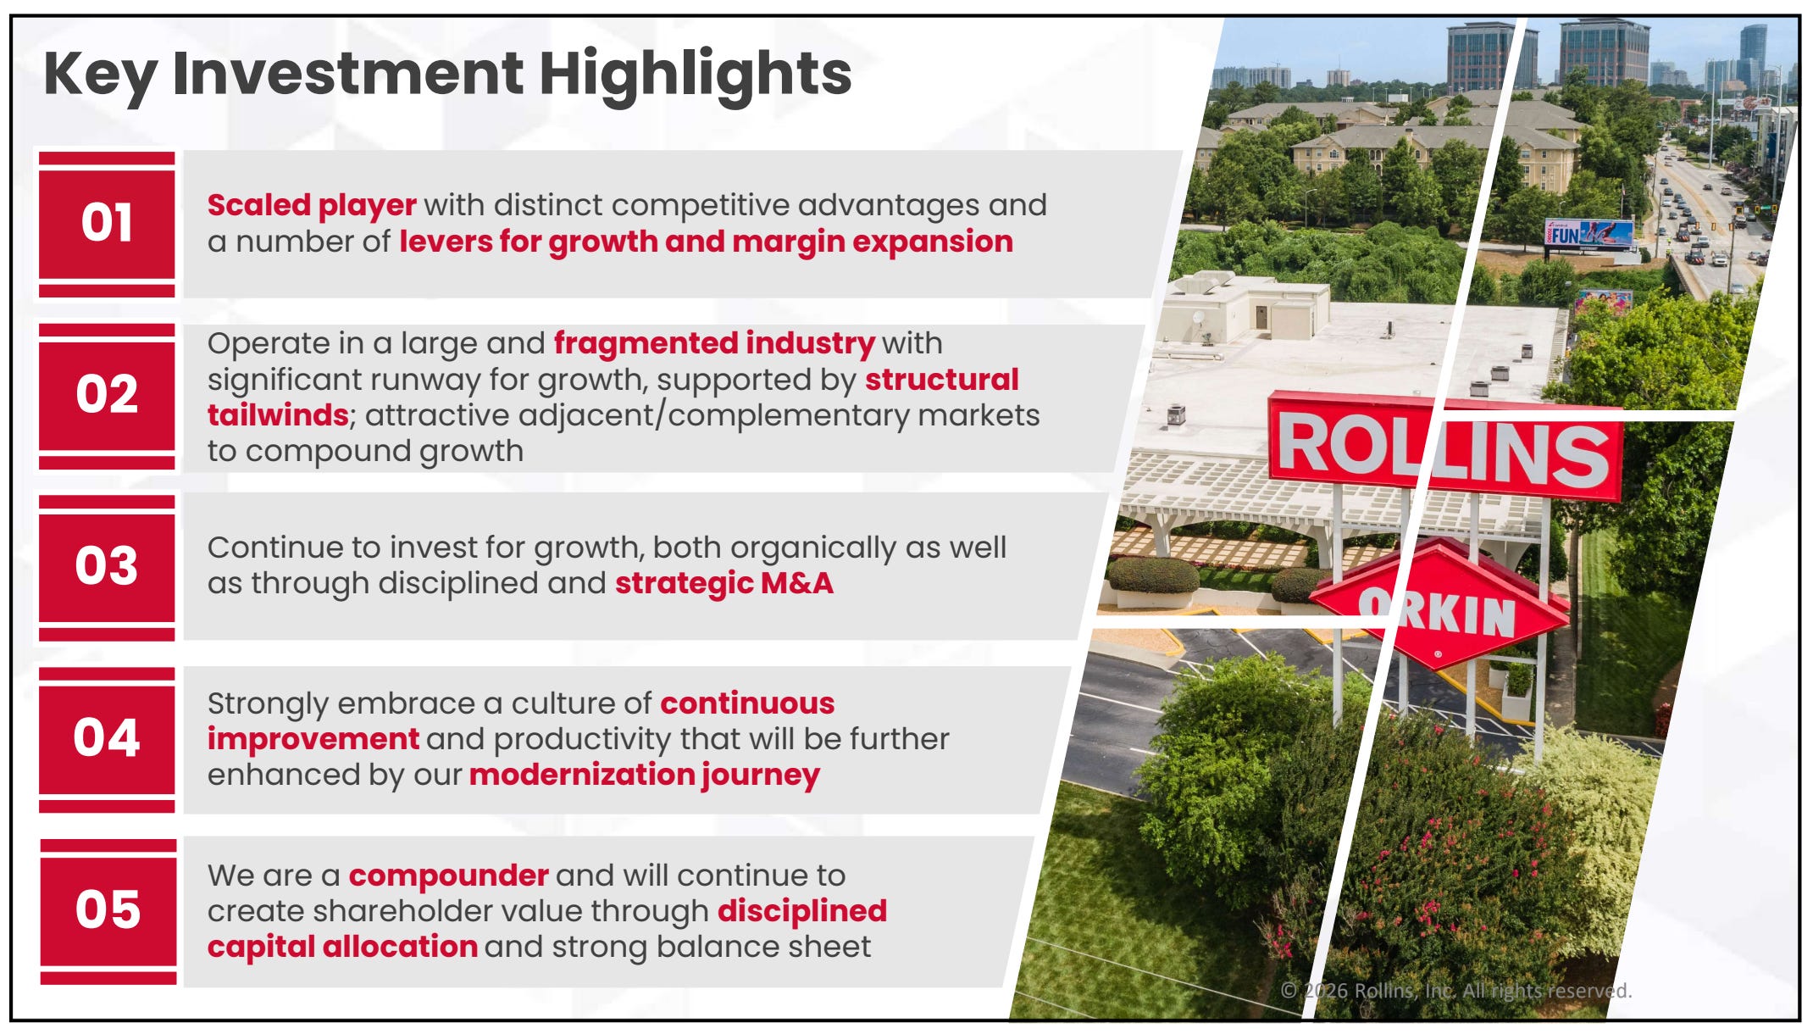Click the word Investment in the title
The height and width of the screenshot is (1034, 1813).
pos(347,73)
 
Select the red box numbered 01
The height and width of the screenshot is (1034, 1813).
pos(107,224)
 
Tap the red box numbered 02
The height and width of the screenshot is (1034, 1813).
pos(107,396)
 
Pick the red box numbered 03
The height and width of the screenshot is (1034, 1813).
pos(107,567)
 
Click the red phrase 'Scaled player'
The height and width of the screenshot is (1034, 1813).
pos(312,206)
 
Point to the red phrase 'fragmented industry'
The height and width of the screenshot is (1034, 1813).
pos(714,343)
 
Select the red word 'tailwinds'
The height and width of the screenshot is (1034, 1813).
pos(278,415)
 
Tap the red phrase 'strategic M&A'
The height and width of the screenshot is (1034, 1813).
pos(724,583)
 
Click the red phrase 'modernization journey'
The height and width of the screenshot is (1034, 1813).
pos(645,775)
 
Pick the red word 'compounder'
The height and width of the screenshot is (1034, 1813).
pos(449,876)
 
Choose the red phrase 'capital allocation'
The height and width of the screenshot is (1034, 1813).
pos(342,947)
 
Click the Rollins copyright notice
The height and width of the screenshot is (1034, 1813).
pos(1455,991)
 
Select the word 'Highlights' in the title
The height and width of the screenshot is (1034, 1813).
pos(696,75)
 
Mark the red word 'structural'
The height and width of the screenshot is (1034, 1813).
pos(942,380)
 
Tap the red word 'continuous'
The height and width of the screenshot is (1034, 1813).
pos(747,703)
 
